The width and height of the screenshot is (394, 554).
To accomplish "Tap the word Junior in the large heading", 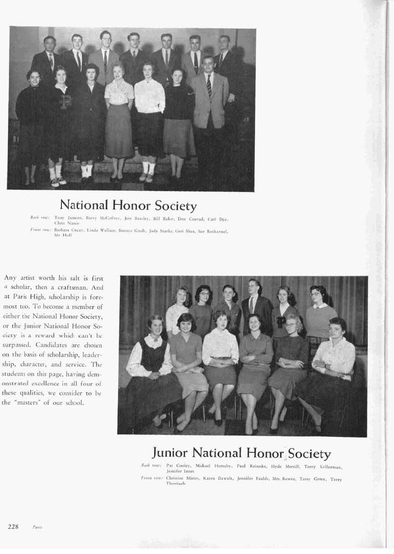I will [170, 453].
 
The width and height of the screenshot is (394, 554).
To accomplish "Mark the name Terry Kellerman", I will [327, 467].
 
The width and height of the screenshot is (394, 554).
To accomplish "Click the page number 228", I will [13, 527].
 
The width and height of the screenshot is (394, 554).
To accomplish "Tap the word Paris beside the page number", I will [38, 527].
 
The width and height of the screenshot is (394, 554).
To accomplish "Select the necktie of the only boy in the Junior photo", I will [252, 305].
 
